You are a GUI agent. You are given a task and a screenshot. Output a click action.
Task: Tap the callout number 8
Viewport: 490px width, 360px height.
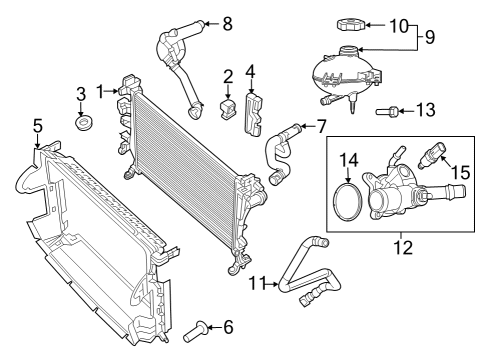(x=227, y=21)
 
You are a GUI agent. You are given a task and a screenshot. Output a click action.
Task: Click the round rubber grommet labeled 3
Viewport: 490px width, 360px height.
(x=83, y=124)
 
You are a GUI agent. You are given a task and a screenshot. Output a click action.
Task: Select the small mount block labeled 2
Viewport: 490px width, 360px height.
(x=228, y=105)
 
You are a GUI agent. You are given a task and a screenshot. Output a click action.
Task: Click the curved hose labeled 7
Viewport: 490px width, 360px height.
(x=277, y=156)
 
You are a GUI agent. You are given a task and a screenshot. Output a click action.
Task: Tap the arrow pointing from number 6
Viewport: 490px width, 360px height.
(x=214, y=325)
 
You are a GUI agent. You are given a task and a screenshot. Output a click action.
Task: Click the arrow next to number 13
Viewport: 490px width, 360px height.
(x=406, y=110)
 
